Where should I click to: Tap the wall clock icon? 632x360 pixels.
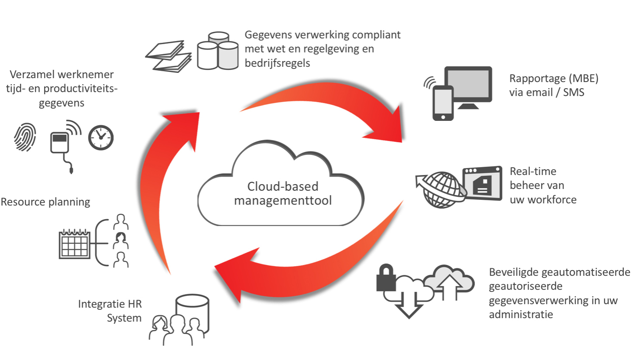(x=101, y=137)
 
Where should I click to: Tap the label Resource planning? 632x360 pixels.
(x=45, y=202)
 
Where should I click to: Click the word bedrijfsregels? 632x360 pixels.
(x=277, y=63)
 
